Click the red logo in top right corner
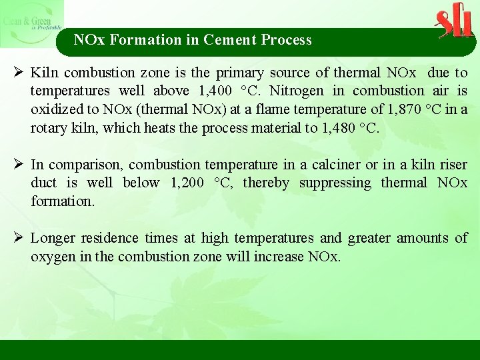[x=454, y=22]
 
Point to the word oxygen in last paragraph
[x=52, y=257]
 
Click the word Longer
[x=53, y=238]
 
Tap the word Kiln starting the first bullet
[x=43, y=72]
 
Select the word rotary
[x=49, y=127]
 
